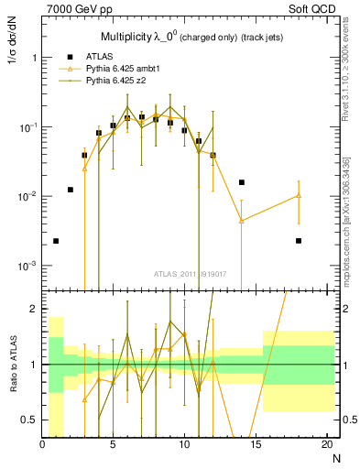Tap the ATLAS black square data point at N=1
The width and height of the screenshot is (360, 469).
click(57, 241)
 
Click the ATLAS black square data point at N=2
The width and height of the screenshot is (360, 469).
click(71, 190)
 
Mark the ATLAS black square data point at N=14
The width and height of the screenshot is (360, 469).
click(242, 182)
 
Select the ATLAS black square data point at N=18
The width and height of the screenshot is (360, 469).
click(299, 241)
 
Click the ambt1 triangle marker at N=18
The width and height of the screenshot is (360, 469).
click(299, 195)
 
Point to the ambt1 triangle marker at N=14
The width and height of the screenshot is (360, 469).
click(242, 221)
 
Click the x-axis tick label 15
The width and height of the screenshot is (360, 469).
click(256, 444)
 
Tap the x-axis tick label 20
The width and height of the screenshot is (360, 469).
click(326, 444)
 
